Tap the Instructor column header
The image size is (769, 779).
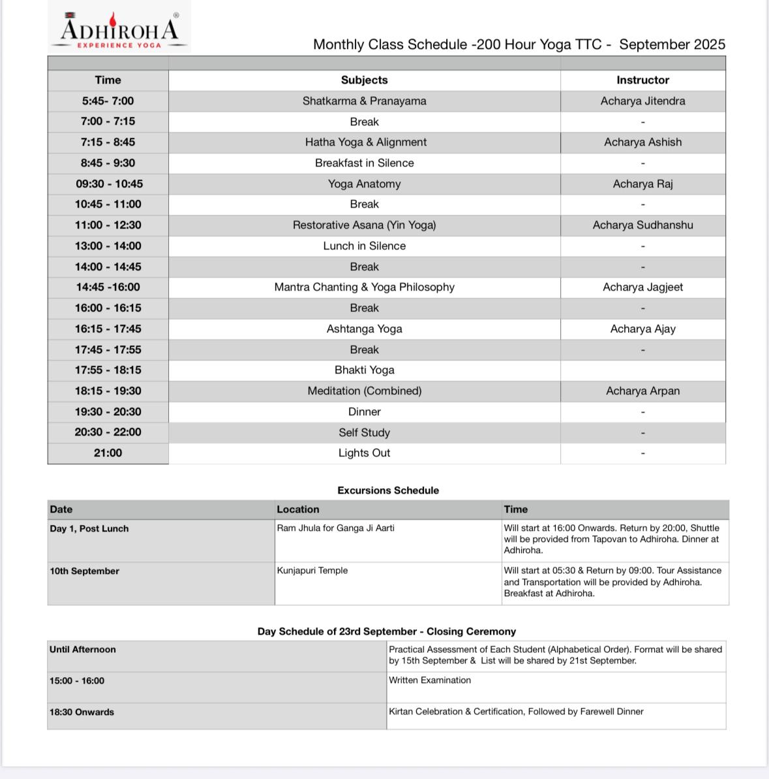coord(642,80)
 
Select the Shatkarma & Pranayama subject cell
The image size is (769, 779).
coord(364,101)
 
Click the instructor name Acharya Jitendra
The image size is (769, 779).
coord(642,101)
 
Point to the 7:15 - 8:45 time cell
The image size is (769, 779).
coord(108,142)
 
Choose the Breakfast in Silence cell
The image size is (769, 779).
coord(364,163)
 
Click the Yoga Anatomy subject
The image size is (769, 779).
coord(364,184)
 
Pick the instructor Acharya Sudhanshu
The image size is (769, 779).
coord(642,225)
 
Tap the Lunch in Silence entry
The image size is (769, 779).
coord(364,246)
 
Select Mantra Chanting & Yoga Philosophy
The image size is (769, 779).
coord(364,287)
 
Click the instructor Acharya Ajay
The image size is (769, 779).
coord(642,329)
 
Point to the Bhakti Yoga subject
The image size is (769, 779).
coord(364,370)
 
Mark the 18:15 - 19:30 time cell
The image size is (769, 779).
coord(108,391)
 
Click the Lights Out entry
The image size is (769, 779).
coord(364,453)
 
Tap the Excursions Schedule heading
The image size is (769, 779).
coord(388,490)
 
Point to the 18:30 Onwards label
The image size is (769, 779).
coord(82,712)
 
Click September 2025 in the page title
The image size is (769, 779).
coord(672,44)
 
